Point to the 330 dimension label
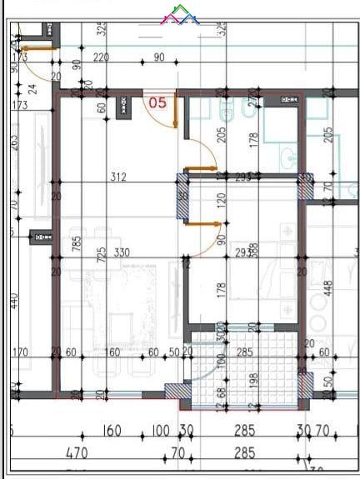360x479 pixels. click(x=122, y=252)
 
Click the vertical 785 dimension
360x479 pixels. click(x=76, y=244)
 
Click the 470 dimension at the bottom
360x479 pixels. click(x=77, y=454)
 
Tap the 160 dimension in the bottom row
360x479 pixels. click(x=112, y=432)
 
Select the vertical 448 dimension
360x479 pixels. click(x=327, y=287)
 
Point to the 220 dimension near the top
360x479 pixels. click(x=102, y=57)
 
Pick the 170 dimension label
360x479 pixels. click(x=20, y=352)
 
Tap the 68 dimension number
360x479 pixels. click(x=222, y=392)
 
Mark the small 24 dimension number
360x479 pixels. click(x=32, y=88)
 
